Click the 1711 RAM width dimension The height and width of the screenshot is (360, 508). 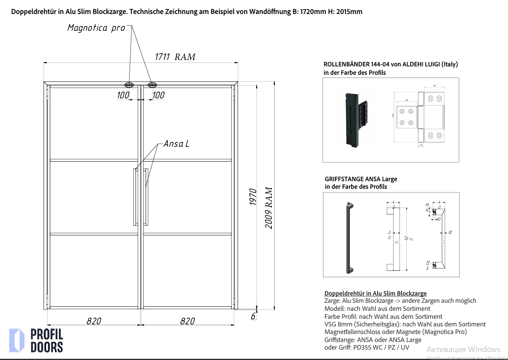pyautogui.click(x=175, y=57)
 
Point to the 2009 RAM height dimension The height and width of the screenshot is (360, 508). pyautogui.click(x=269, y=208)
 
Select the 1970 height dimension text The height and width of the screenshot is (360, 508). pyautogui.click(x=253, y=197)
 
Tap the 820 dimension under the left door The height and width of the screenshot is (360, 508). pyautogui.click(x=94, y=321)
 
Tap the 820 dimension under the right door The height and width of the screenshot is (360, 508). pyautogui.click(x=187, y=321)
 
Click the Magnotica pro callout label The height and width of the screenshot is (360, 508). pyautogui.click(x=96, y=28)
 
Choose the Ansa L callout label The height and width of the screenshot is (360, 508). pyautogui.click(x=176, y=144)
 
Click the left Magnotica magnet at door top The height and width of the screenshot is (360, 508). pyautogui.click(x=129, y=85)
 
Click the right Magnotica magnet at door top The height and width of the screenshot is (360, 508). pyautogui.click(x=152, y=85)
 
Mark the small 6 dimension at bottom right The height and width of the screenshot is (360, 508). pyautogui.click(x=253, y=316)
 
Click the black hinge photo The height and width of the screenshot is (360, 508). pyautogui.click(x=354, y=119)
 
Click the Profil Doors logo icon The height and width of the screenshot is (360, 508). pyautogui.click(x=17, y=340)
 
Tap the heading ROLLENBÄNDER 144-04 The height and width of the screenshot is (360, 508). pyautogui.click(x=390, y=64)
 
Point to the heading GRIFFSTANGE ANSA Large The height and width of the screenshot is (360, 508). pyautogui.click(x=361, y=179)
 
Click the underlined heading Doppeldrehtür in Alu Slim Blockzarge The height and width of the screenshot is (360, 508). pyautogui.click(x=375, y=294)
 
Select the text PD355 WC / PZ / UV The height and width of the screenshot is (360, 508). pyautogui.click(x=381, y=347)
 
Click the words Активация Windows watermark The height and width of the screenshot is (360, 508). pyautogui.click(x=463, y=349)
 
